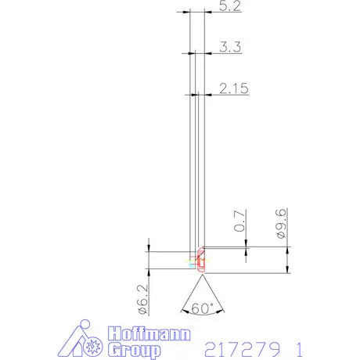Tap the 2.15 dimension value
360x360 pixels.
234,89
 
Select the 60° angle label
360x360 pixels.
202,308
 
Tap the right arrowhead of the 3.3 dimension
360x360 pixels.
207,53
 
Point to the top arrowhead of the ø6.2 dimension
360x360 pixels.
148,249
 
